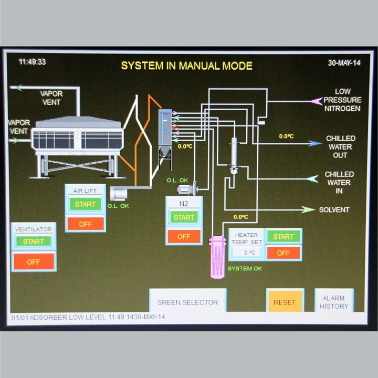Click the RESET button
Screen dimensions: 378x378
285,302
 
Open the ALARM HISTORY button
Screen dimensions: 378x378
333,302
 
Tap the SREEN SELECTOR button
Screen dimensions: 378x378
187,302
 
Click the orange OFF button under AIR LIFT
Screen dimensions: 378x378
86,224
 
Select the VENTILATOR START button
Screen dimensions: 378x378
34,241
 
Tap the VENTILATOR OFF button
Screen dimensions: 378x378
34,261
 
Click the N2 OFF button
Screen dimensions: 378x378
184,237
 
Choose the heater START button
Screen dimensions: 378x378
283,237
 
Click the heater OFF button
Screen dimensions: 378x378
283,253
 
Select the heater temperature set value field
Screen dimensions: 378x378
246,253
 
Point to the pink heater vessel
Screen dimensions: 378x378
217,257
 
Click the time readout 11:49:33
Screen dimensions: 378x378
33,62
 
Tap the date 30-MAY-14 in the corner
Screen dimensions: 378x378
344,62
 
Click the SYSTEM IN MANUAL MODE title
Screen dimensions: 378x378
187,66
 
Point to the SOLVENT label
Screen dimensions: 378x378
334,209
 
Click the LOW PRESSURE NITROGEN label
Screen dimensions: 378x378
342,100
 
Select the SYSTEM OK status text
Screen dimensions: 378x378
245,269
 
